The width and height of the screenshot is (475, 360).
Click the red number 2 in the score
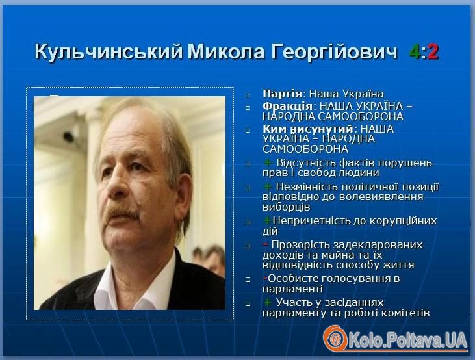point(433,52)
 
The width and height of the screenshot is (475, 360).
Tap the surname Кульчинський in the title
point(109,52)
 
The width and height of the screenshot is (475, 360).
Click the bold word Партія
point(282,94)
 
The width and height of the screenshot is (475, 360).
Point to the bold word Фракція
point(287,106)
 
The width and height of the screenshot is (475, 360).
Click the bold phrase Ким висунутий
point(308,129)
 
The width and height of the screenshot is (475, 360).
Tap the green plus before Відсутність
point(268,162)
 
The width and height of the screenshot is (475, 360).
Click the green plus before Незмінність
point(268,186)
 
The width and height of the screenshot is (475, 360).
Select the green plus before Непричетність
point(267,220)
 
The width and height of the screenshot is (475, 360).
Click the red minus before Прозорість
point(265,244)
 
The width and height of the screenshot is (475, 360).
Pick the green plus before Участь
point(268,302)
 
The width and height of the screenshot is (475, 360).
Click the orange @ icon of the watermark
point(335,338)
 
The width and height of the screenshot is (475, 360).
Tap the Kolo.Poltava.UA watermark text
point(408,340)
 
